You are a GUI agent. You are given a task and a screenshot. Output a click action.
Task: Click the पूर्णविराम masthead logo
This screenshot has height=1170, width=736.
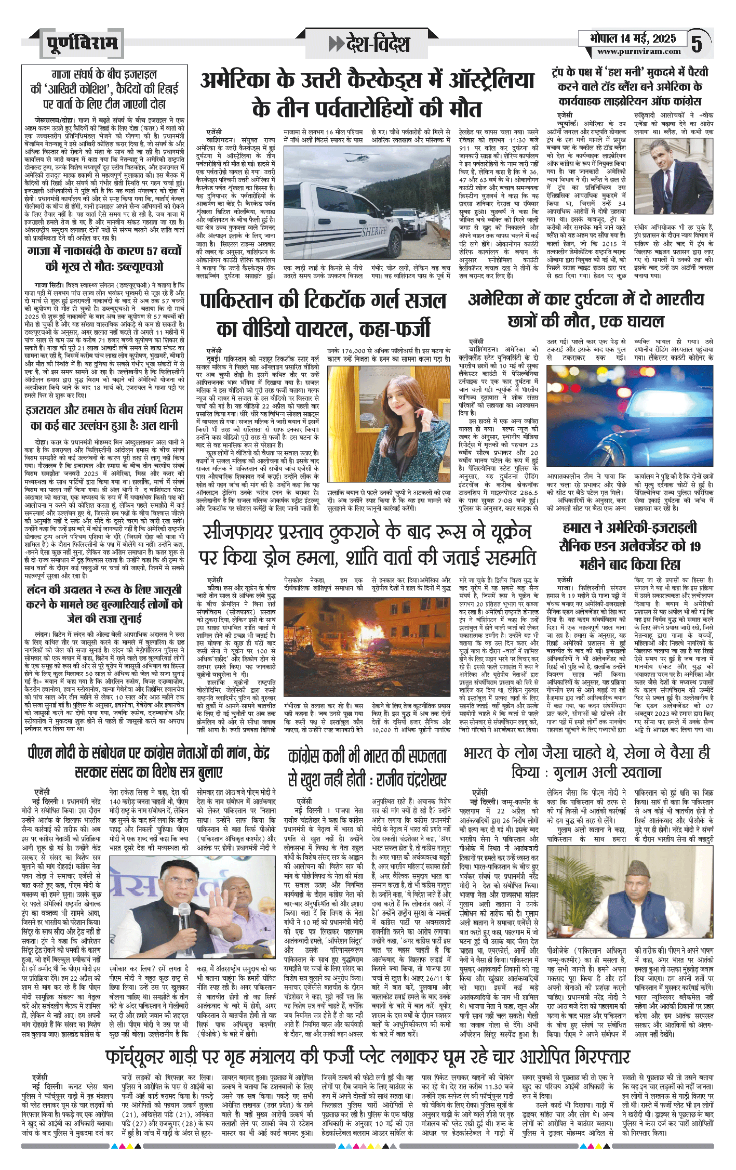[x=81, y=43]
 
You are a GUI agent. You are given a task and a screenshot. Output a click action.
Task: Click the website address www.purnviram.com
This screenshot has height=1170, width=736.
[x=638, y=51]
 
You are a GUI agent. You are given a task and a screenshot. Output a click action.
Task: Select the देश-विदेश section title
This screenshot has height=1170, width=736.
[x=370, y=44]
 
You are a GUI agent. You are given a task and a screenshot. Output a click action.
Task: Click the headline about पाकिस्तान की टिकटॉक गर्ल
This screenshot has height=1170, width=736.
[x=324, y=314]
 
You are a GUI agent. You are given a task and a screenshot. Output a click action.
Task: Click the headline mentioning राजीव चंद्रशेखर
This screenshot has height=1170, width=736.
[x=367, y=768]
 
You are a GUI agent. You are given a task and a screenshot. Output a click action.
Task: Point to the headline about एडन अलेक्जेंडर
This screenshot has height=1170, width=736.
[x=630, y=546]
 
